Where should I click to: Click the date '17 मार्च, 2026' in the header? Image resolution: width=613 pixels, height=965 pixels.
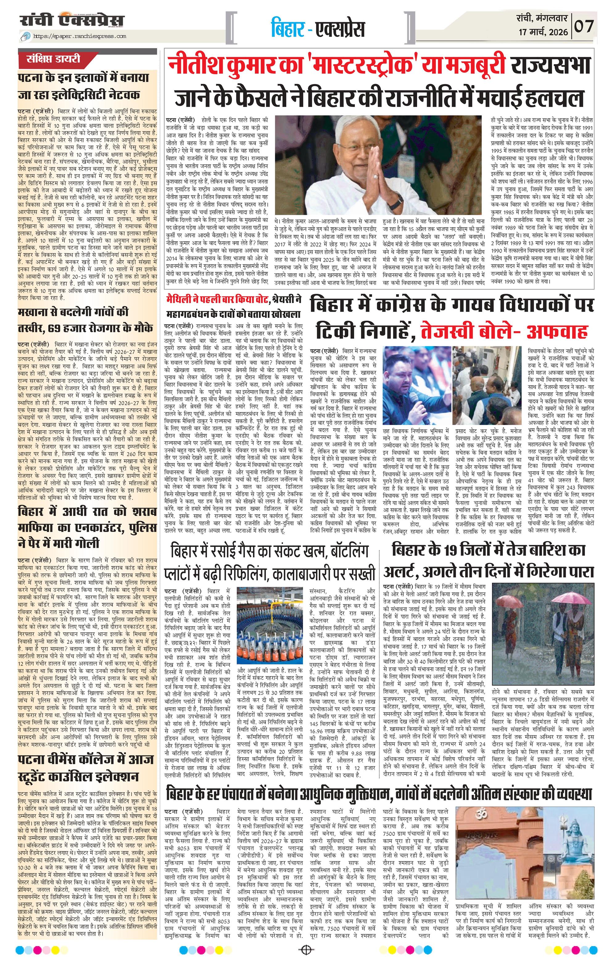coord(543,32)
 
